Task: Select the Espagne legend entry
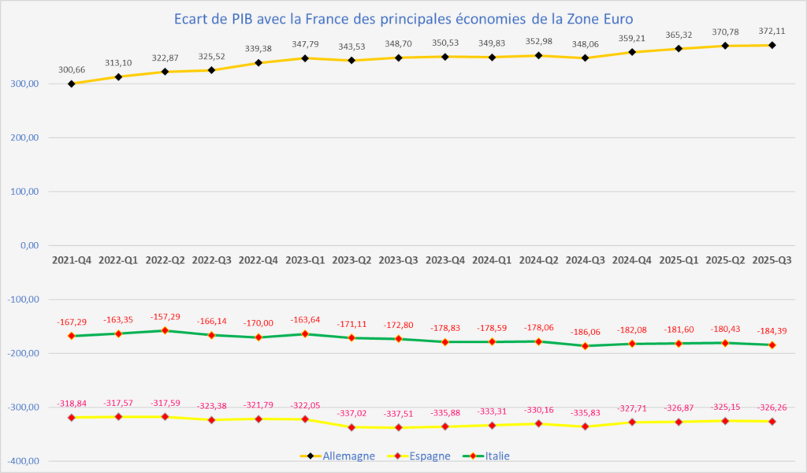click(430, 456)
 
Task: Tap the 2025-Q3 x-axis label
click(772, 259)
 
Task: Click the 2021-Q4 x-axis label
click(72, 259)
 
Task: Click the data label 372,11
click(772, 30)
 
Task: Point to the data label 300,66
click(72, 69)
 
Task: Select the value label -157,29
click(165, 317)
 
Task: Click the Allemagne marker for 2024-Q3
click(585, 58)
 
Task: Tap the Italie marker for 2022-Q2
click(165, 330)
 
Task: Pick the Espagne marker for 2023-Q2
click(351, 427)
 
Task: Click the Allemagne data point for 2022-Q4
click(258, 62)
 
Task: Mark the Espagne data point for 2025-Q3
click(772, 422)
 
